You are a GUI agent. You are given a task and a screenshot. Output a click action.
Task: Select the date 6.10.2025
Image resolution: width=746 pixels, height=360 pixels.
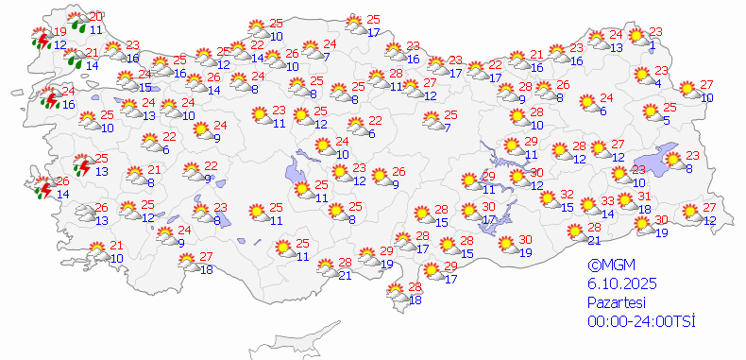(x=620, y=284)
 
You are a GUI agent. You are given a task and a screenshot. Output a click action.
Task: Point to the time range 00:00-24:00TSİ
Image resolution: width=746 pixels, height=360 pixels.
(x=640, y=321)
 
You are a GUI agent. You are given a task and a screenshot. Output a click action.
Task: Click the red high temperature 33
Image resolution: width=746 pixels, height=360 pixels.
(x=608, y=200)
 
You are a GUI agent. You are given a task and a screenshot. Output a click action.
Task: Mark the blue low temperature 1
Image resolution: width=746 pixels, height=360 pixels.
(x=653, y=43)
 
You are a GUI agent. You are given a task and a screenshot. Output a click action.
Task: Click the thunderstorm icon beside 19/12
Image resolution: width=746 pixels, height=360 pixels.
(x=40, y=40)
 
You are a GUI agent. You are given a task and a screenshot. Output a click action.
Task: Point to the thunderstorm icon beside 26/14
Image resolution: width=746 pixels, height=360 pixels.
(x=42, y=188)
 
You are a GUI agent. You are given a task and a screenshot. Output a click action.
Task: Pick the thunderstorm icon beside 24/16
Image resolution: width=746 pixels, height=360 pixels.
(x=50, y=97)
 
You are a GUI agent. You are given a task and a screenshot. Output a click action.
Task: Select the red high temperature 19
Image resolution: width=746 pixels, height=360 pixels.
(x=59, y=33)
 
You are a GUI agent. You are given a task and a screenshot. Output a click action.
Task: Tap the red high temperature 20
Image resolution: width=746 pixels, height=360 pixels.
(x=95, y=16)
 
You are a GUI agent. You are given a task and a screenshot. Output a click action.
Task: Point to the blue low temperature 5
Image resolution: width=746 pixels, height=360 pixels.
(x=666, y=120)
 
